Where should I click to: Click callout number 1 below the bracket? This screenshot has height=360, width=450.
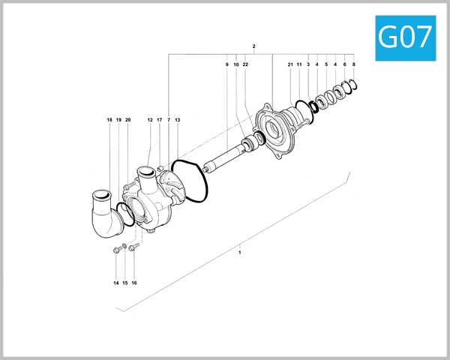coord(239,253)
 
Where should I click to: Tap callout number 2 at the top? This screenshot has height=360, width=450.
coord(254,46)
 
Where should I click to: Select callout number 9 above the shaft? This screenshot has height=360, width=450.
coord(226,65)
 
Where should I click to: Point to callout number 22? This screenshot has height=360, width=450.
coord(245,65)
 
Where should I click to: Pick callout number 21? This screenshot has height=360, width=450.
coord(289,65)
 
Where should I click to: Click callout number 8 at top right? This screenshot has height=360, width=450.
coord(354,65)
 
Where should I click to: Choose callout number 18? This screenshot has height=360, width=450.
coord(109,120)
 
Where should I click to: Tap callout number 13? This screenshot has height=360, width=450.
coord(178,120)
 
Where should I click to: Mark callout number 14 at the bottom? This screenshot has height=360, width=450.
coord(116,283)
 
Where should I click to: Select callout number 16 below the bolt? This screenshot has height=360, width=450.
coord(134,283)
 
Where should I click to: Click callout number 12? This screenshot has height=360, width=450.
coord(150,120)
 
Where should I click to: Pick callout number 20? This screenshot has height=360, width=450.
coord(128,120)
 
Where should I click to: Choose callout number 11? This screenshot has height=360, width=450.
coord(298,65)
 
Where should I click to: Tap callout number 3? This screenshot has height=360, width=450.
coord(308,65)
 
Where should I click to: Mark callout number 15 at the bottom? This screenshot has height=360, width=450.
coord(125,283)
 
